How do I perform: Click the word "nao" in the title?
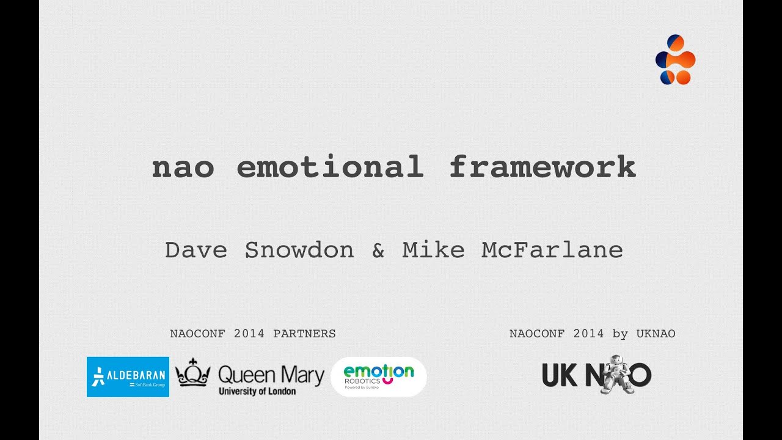[x=183, y=167]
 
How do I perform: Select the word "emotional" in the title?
[x=330, y=167]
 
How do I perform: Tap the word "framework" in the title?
[x=543, y=167]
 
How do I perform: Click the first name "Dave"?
[x=196, y=250]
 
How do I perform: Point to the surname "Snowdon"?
[x=299, y=250]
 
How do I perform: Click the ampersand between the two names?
[x=378, y=250]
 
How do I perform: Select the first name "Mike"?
[x=433, y=250]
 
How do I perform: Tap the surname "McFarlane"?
[x=552, y=250]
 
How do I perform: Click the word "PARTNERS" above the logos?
[x=304, y=334]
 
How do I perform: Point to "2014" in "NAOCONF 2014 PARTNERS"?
[x=249, y=334]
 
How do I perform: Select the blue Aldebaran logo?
[x=128, y=376]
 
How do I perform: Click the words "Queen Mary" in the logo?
[x=271, y=375]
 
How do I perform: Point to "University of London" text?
[x=257, y=391]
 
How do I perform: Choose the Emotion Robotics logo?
[x=379, y=376]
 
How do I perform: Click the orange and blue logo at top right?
[x=675, y=59]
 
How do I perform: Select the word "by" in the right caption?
[x=620, y=334]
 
